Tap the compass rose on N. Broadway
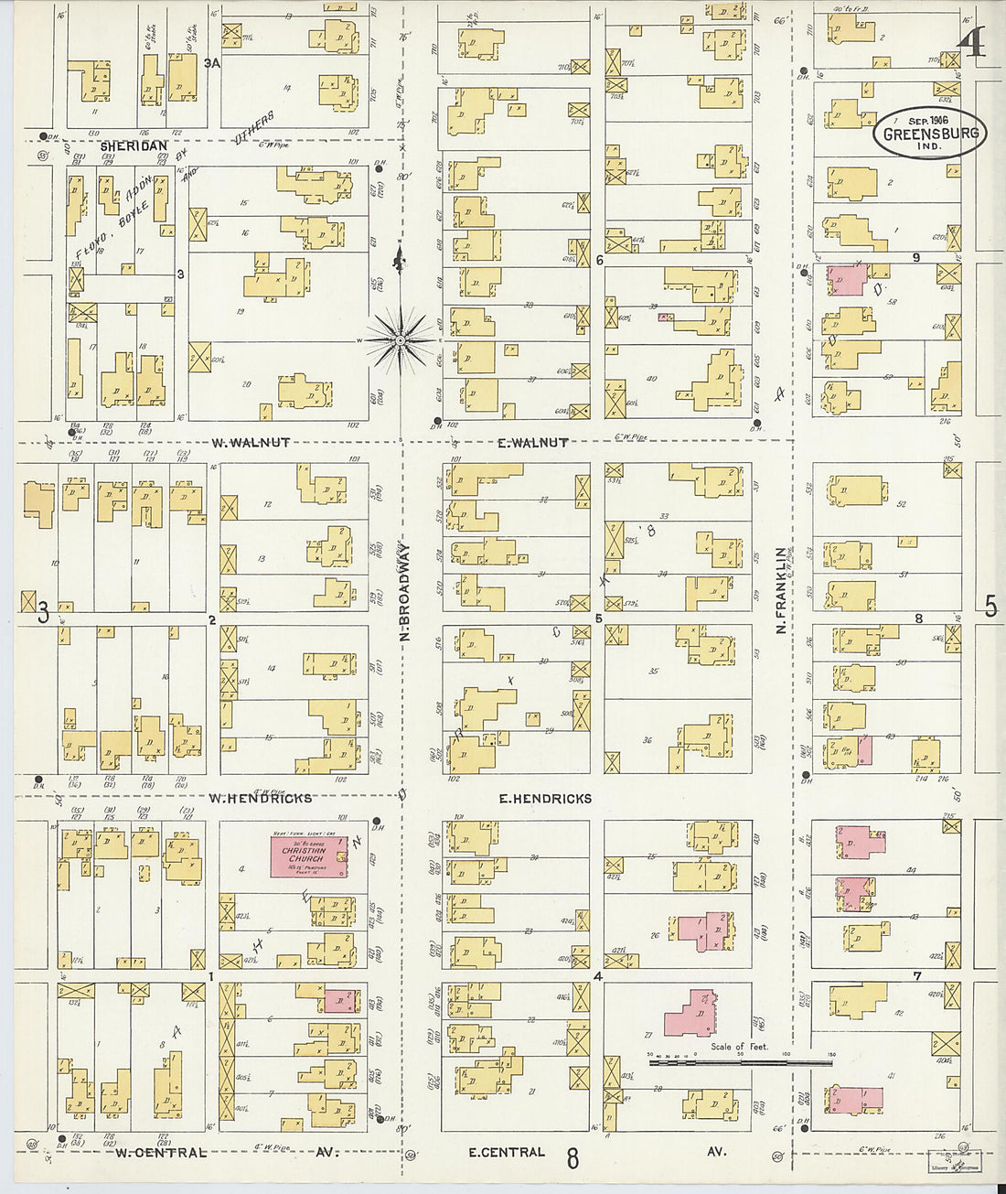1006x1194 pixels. click(401, 340)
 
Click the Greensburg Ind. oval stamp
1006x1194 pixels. click(929, 134)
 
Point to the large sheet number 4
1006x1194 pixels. click(973, 42)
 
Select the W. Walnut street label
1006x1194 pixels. click(251, 443)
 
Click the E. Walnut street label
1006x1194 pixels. click(532, 443)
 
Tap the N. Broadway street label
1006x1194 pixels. click(405, 592)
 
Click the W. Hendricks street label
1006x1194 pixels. click(260, 798)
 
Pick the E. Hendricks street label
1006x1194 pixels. click(545, 799)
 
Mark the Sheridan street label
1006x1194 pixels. click(134, 145)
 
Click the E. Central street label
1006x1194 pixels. click(507, 1152)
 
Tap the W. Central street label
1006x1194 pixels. click(161, 1153)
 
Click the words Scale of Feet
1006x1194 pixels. click(739, 1047)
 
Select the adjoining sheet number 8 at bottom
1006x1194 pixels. click(573, 1159)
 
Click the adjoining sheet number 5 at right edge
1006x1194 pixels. click(990, 607)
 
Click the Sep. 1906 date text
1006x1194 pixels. click(927, 120)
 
